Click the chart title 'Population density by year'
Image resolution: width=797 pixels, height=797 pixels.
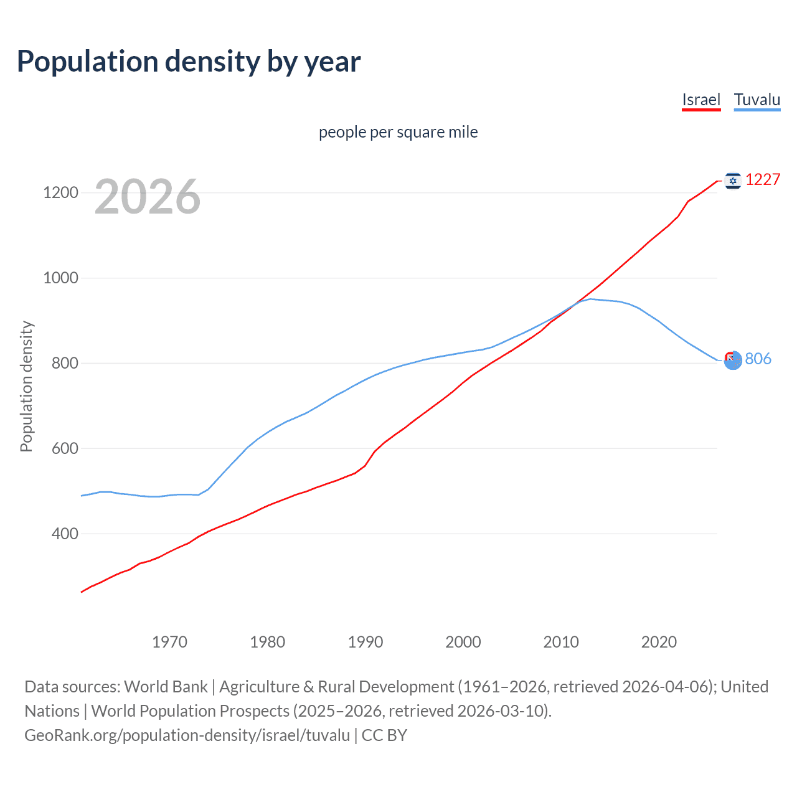click(189, 62)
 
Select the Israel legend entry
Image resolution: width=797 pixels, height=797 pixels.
click(701, 100)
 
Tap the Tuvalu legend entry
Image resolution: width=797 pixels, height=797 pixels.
click(757, 100)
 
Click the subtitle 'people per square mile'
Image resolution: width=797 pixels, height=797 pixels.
click(398, 132)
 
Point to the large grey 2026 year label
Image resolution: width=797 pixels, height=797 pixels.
click(148, 197)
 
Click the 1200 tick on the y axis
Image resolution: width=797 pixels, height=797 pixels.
click(60, 192)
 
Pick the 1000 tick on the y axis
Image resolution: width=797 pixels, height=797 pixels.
click(60, 278)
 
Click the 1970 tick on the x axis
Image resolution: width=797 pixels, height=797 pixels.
click(169, 642)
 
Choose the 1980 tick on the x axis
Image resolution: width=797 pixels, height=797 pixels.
click(267, 642)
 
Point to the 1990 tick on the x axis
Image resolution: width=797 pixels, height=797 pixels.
click(365, 642)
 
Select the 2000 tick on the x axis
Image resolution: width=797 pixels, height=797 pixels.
click(463, 642)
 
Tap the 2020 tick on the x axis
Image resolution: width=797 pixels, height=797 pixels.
click(659, 642)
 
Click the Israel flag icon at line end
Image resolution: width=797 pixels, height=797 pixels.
click(733, 181)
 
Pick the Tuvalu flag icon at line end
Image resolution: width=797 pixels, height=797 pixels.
click(733, 359)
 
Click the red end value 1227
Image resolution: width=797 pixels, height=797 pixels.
click(763, 180)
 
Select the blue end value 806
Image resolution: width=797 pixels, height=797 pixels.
click(758, 359)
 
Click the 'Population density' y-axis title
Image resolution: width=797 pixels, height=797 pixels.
click(26, 386)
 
